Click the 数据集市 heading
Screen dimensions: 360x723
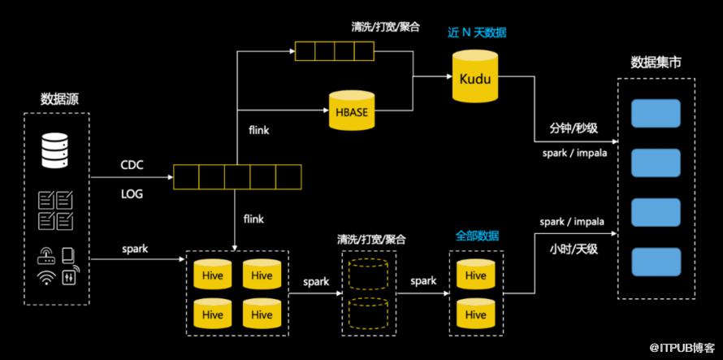click(x=656, y=62)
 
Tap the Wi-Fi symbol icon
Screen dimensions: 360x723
click(x=45, y=277)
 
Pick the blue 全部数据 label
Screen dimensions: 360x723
click(x=476, y=236)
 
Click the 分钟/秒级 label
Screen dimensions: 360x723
click(x=573, y=128)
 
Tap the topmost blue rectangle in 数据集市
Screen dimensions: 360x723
click(x=656, y=113)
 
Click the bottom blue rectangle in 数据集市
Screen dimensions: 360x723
click(x=656, y=262)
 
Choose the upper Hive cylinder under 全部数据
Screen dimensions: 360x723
click(x=476, y=274)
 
